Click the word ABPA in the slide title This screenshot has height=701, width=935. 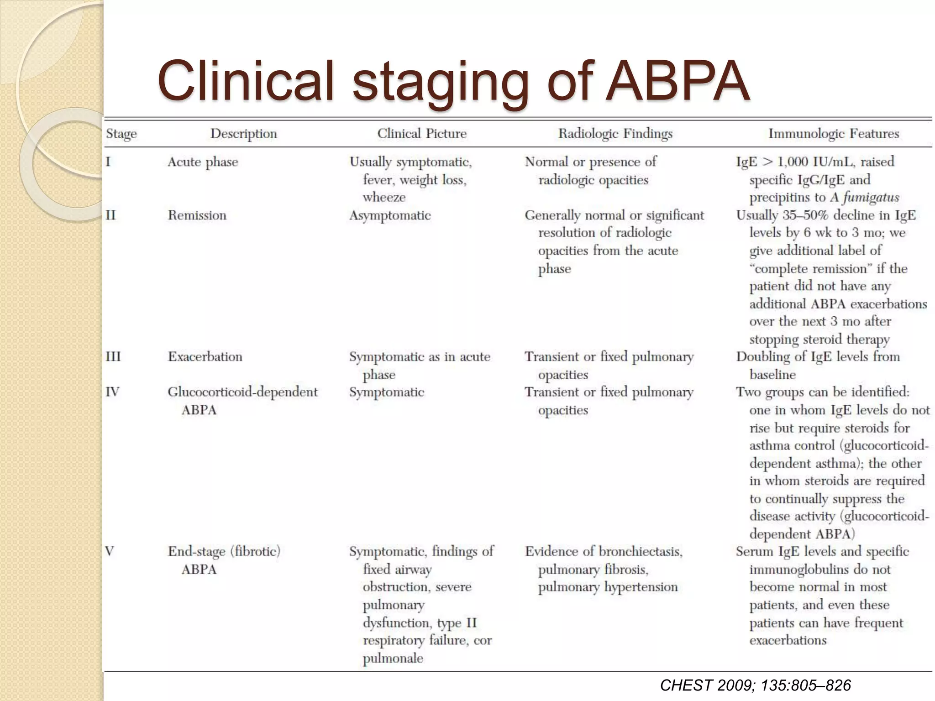click(x=678, y=81)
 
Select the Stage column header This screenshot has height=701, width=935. click(x=121, y=134)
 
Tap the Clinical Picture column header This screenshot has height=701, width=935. click(x=422, y=134)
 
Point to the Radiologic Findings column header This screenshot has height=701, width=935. click(x=615, y=134)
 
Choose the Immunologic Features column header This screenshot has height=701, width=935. click(x=834, y=134)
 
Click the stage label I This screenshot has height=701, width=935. click(x=108, y=162)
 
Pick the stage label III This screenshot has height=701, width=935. click(x=113, y=356)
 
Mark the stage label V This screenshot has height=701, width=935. click(x=110, y=551)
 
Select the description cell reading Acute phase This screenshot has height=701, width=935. click(x=203, y=162)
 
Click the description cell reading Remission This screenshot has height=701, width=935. click(x=197, y=215)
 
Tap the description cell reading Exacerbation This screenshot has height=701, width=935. click(x=205, y=356)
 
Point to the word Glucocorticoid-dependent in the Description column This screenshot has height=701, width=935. click(x=242, y=392)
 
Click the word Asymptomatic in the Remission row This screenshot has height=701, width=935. click(x=390, y=215)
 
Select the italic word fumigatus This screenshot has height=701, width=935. click(x=871, y=197)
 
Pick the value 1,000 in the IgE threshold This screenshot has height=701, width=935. click(x=793, y=162)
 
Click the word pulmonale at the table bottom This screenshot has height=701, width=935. click(x=393, y=658)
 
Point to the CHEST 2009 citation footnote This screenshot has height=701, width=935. click(x=756, y=685)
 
